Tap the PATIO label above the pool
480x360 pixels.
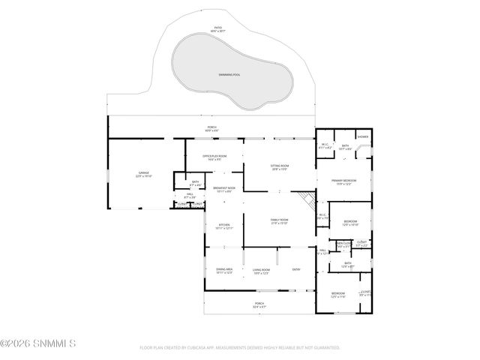tap(218, 29)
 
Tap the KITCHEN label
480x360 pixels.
tap(223, 226)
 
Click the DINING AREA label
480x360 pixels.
tap(224, 271)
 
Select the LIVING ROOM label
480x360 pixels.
tap(261, 271)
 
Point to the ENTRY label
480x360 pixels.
tap(296, 269)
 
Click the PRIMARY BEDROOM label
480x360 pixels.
tap(345, 182)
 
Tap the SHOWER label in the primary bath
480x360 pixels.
tap(363, 136)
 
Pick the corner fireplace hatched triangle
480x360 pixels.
tap(304, 199)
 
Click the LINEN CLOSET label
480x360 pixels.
tap(344, 244)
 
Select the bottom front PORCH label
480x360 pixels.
tap(259, 304)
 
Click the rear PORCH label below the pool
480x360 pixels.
tap(212, 129)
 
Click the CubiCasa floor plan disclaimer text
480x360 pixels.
tap(240, 348)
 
